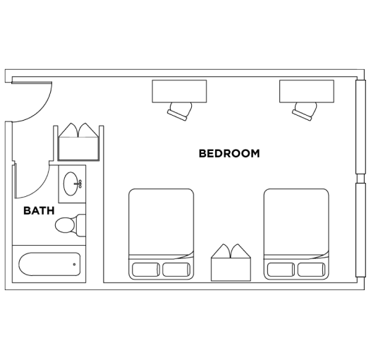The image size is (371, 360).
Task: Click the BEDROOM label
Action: coord(229,152)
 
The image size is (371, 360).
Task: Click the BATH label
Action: coord(38,210)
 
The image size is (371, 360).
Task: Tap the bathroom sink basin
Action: coord(71,184)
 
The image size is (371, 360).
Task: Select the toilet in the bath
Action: coord(66,225)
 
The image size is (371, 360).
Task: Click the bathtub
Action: coord(49,265)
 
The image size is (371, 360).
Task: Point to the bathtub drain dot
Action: coord(75,265)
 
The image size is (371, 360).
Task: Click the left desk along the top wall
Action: coord(180,90)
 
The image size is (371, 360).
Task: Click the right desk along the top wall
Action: coord(306,90)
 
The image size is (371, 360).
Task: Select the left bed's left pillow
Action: coord(145,269)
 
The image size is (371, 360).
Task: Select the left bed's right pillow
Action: coord(176,269)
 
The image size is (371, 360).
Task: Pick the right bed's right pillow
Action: coord(312,269)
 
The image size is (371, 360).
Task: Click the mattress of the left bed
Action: coord(161,222)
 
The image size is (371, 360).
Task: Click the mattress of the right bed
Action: coord(296,222)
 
